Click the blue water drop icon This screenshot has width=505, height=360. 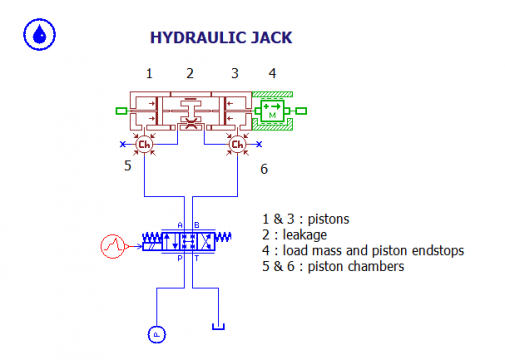tap(39, 35)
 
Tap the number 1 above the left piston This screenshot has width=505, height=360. tap(148, 73)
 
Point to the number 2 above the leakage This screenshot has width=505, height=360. tap(190, 73)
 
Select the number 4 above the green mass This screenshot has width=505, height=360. tap(272, 73)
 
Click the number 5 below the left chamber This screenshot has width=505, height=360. tap(128, 166)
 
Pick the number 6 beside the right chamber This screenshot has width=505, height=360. tap(263, 169)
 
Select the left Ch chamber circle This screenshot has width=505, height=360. tap(144, 145)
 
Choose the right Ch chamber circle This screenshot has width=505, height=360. tap(237, 145)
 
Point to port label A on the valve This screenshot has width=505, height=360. tap(180, 224)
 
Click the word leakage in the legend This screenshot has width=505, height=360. tap(296, 234)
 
